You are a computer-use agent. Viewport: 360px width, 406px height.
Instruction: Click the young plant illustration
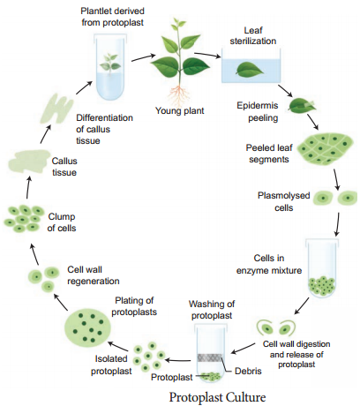point(182,58)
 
